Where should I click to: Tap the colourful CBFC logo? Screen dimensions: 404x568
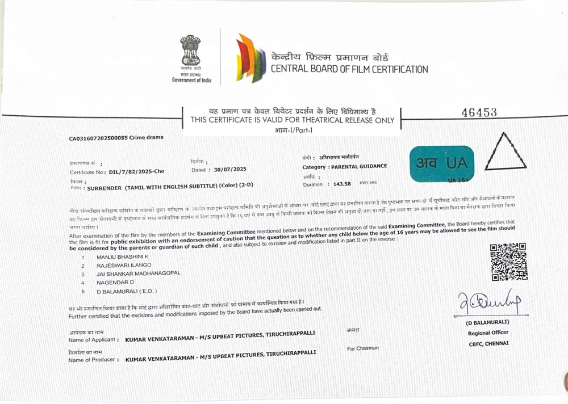(x=251, y=58)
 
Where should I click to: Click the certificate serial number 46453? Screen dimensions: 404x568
(x=480, y=112)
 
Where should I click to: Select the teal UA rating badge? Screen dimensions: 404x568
(x=441, y=163)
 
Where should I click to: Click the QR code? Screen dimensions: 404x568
(x=508, y=262)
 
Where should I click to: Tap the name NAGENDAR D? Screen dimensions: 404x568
(x=115, y=282)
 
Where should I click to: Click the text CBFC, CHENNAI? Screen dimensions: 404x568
(x=489, y=343)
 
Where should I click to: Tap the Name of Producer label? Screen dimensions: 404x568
(x=93, y=360)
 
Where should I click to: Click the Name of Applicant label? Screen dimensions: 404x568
(x=94, y=339)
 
